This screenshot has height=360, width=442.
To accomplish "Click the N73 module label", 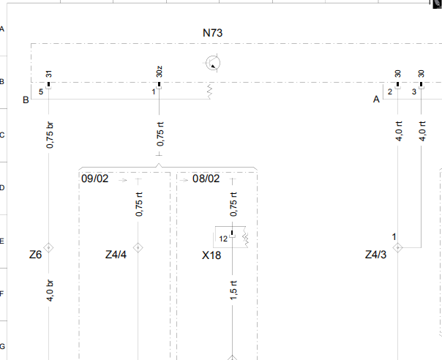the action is tap(212, 33).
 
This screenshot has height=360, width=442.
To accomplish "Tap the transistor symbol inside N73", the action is tap(212, 63).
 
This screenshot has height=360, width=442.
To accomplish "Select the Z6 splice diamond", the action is tap(49, 247).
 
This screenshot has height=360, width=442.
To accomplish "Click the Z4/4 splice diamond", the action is tap(138, 247).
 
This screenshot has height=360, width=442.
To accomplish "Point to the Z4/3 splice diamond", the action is tap(398, 247).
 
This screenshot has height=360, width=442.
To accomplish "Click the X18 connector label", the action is tap(211, 255).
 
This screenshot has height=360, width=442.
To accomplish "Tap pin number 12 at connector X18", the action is tap(223, 239).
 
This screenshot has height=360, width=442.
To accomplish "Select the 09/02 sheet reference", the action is tap(94, 179).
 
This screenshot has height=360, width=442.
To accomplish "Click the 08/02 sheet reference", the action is tap(206, 179).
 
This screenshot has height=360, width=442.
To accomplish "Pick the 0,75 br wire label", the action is tap(49, 135).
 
